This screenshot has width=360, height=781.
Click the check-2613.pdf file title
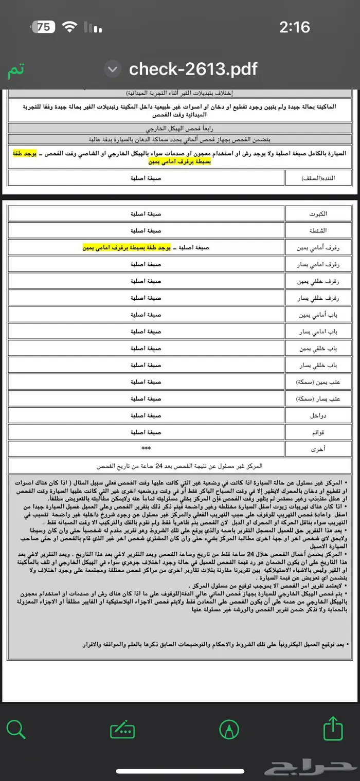coord(193,68)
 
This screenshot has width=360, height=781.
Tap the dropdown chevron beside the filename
coord(113,69)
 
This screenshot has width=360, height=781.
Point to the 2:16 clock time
coord(295,27)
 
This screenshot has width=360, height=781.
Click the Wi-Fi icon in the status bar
coord(69,27)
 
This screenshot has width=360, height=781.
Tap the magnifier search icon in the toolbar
coord(16,729)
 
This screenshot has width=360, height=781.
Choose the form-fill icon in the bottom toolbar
coord(123,730)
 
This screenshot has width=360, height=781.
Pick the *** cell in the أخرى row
coord(146,448)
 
